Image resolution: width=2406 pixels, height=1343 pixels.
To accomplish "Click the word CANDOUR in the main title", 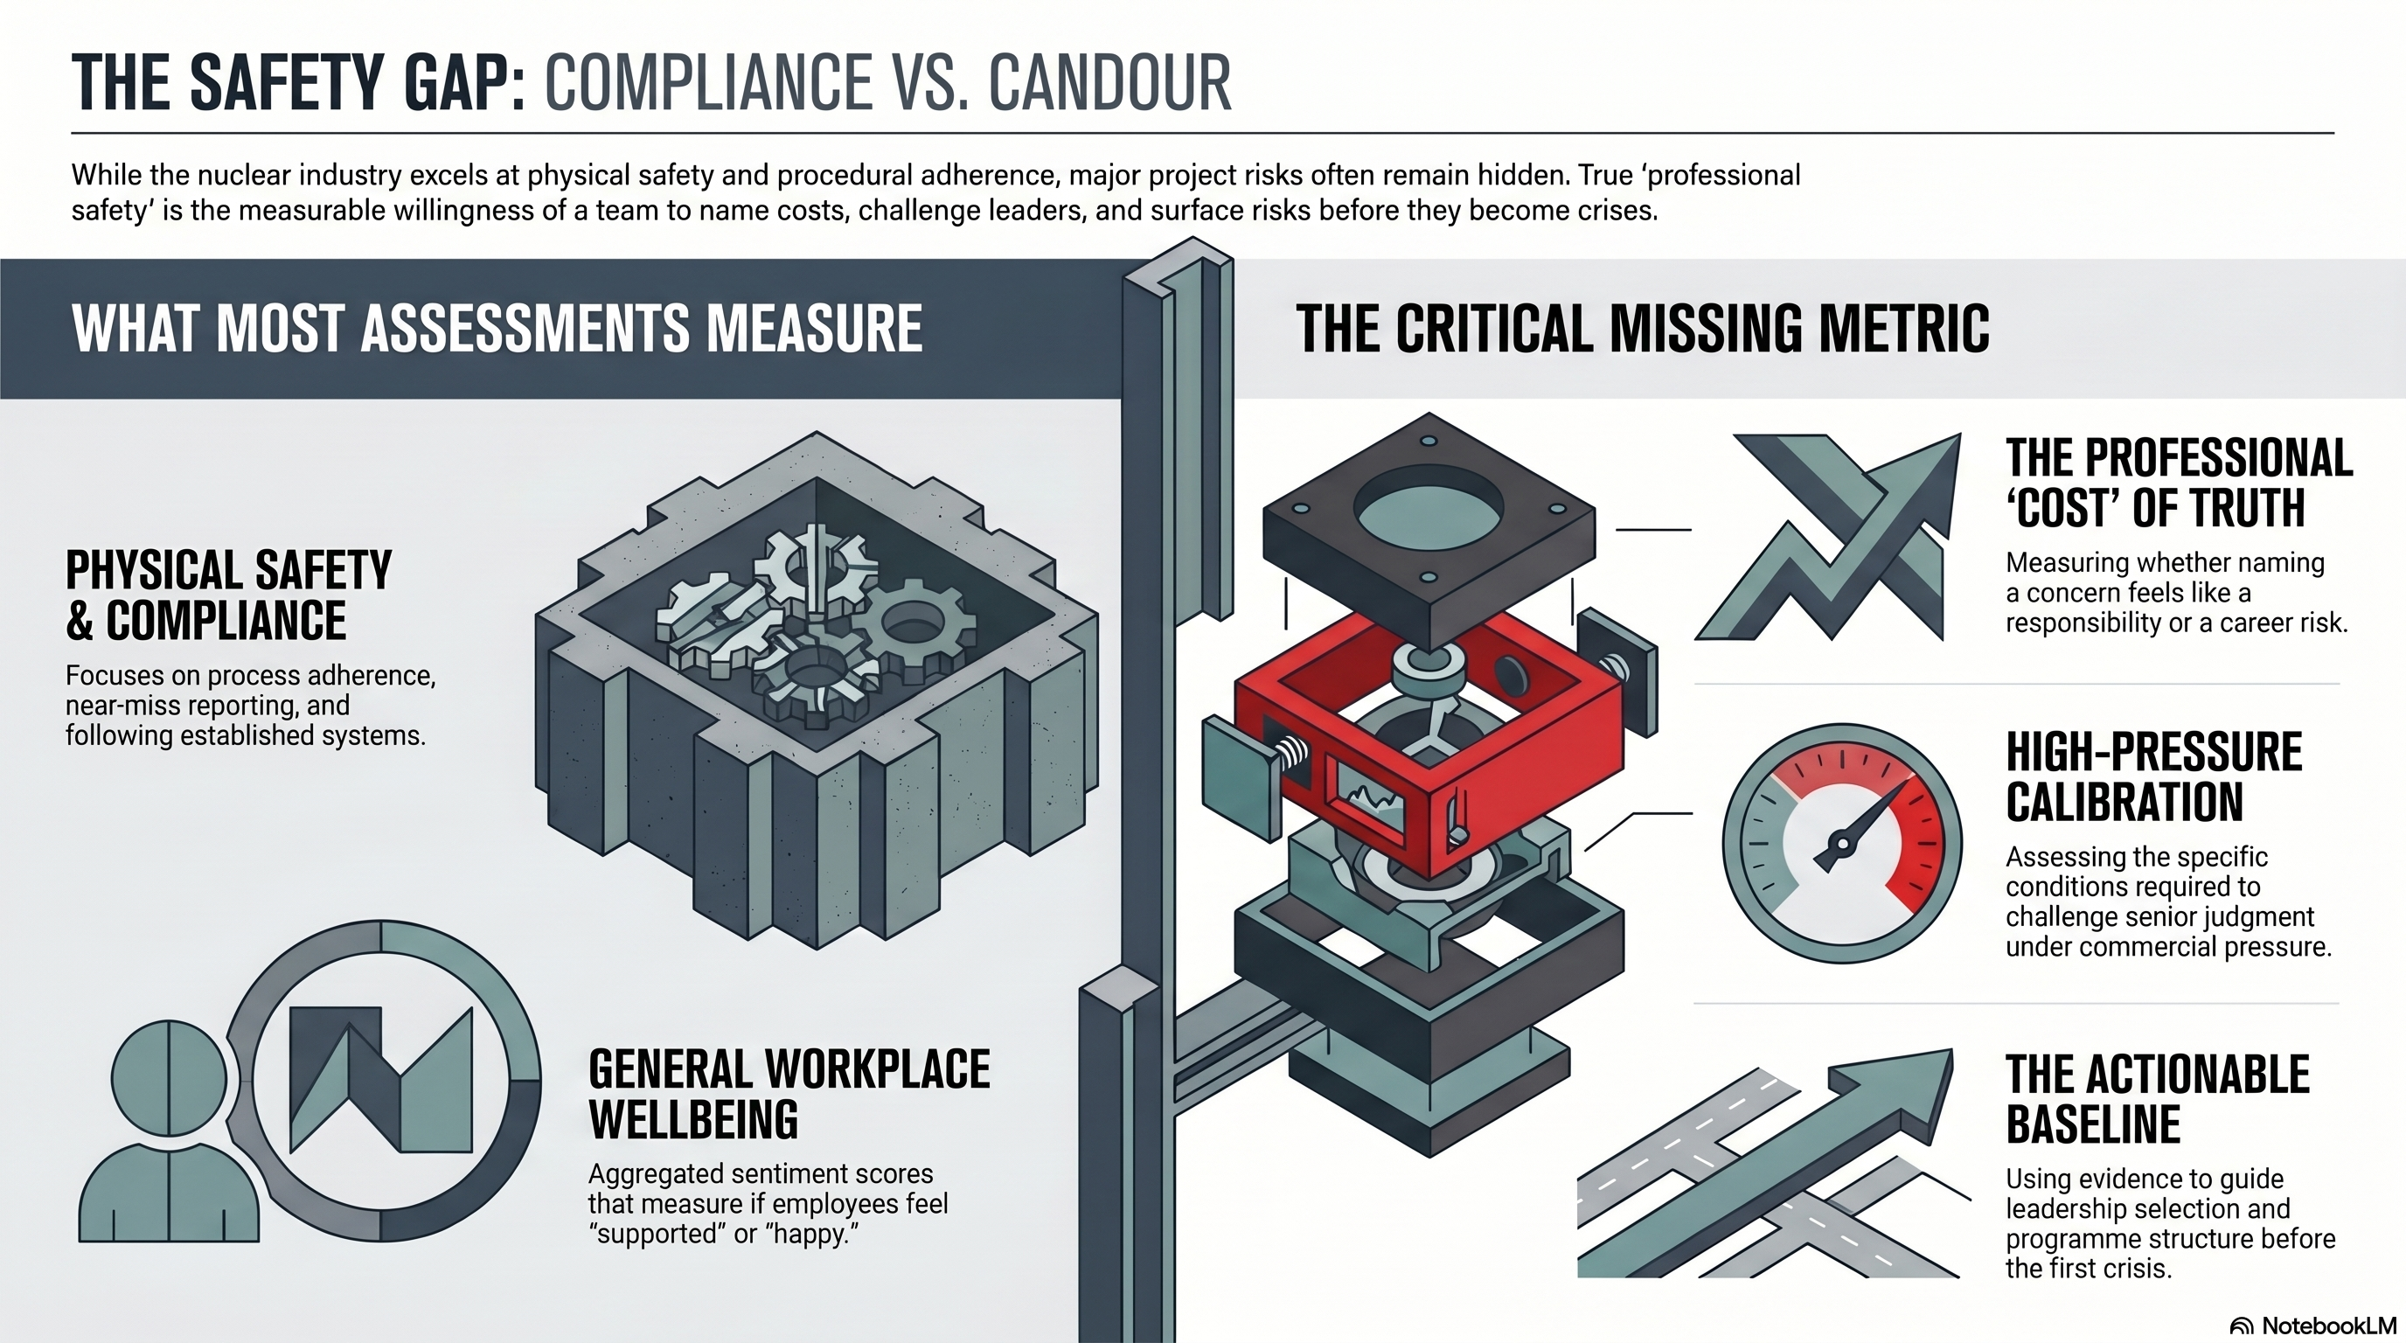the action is pyautogui.click(x=1109, y=83).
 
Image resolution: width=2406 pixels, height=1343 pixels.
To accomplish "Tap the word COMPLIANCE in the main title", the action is pyautogui.click(x=708, y=83).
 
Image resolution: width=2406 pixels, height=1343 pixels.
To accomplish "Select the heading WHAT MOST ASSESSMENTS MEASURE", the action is pyautogui.click(x=497, y=329).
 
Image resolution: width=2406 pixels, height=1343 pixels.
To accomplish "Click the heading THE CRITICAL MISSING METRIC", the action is pyautogui.click(x=1643, y=329).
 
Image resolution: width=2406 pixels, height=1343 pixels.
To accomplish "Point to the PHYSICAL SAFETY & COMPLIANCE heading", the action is pyautogui.click(x=229, y=595).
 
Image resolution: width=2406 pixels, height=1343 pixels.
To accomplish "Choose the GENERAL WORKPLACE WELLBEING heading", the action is pyautogui.click(x=789, y=1095).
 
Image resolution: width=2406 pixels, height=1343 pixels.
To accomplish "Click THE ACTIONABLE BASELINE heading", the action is pyautogui.click(x=2158, y=1099).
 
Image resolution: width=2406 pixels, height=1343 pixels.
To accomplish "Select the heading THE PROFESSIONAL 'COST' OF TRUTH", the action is pyautogui.click(x=2179, y=483).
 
